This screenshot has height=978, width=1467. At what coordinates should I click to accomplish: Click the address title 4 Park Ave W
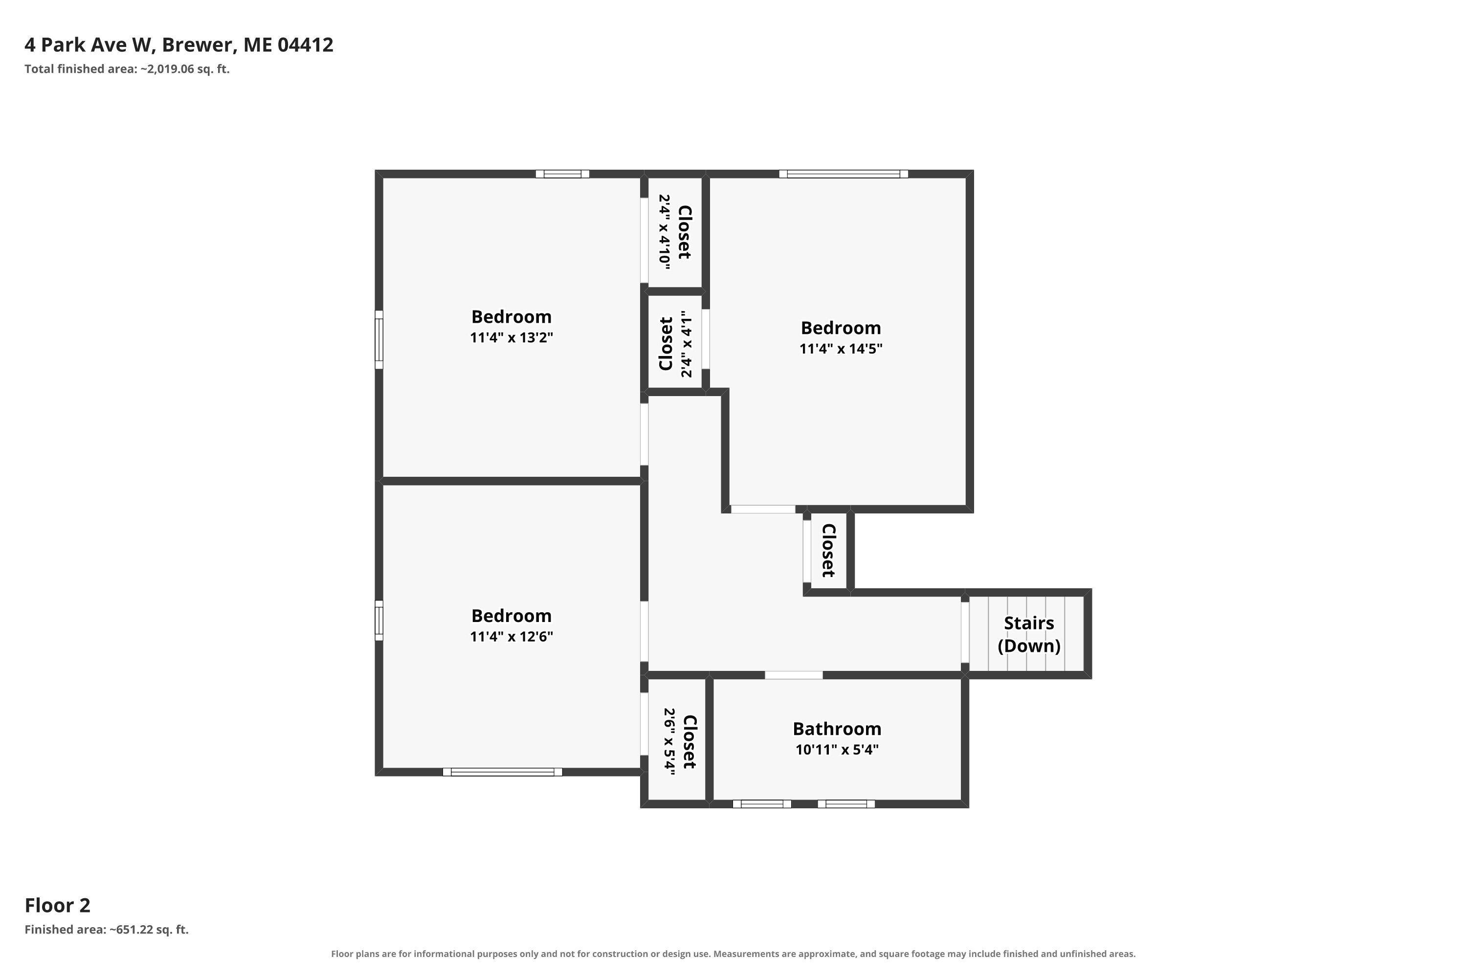click(179, 45)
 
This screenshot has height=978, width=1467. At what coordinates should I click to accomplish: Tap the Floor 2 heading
click(57, 905)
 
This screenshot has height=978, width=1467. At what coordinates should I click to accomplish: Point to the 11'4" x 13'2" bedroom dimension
click(511, 337)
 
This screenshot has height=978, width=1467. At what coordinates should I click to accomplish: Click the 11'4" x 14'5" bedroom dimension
click(841, 349)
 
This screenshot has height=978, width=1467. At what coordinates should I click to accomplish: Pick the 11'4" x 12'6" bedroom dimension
click(511, 637)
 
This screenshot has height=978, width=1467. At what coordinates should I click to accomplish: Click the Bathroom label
click(837, 729)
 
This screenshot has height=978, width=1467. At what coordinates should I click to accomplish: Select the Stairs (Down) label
click(1029, 634)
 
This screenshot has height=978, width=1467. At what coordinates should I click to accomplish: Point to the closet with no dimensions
click(828, 550)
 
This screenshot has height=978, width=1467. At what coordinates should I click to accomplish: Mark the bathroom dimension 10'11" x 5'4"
click(837, 750)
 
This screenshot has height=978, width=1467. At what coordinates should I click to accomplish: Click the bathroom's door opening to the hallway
click(794, 675)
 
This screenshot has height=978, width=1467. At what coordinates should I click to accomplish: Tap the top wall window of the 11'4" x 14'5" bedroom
click(843, 174)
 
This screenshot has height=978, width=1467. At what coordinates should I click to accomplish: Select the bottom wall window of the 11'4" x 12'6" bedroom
click(503, 772)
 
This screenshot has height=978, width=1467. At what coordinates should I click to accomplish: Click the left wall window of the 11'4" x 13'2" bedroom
click(378, 340)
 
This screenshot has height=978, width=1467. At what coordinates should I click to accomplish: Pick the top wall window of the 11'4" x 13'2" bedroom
click(563, 174)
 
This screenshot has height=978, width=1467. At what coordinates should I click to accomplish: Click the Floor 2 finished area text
click(107, 930)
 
